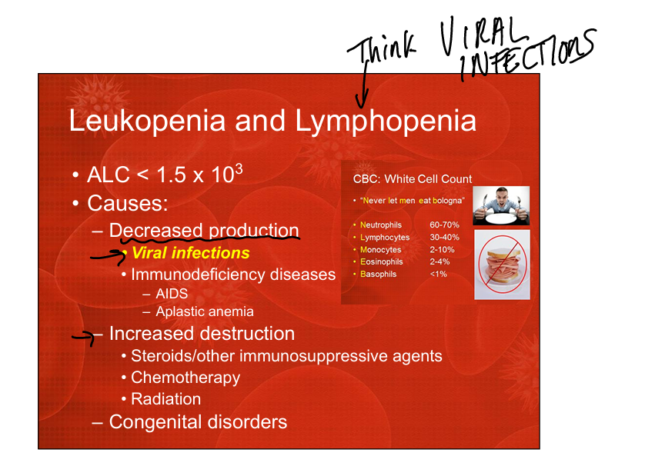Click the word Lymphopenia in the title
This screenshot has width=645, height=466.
point(386,122)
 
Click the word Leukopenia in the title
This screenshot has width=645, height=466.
point(147,121)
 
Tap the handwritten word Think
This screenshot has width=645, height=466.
point(381,48)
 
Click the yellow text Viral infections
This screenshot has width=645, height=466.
point(190,253)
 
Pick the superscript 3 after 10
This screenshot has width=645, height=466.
point(239,169)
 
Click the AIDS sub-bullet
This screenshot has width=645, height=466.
point(172,294)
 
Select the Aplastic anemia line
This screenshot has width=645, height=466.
point(205,311)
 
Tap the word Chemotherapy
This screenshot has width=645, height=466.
point(185,378)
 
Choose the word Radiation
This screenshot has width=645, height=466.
point(165,398)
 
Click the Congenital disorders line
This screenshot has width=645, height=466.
point(198,421)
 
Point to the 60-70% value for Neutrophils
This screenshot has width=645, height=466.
point(444,225)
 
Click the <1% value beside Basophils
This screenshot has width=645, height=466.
point(438,274)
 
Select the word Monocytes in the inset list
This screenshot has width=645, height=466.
point(380,249)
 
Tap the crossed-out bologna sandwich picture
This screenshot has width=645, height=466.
point(502,265)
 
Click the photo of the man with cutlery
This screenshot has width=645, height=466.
point(501,205)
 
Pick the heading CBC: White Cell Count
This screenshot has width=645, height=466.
point(413,179)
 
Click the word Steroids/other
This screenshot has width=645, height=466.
point(182,356)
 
